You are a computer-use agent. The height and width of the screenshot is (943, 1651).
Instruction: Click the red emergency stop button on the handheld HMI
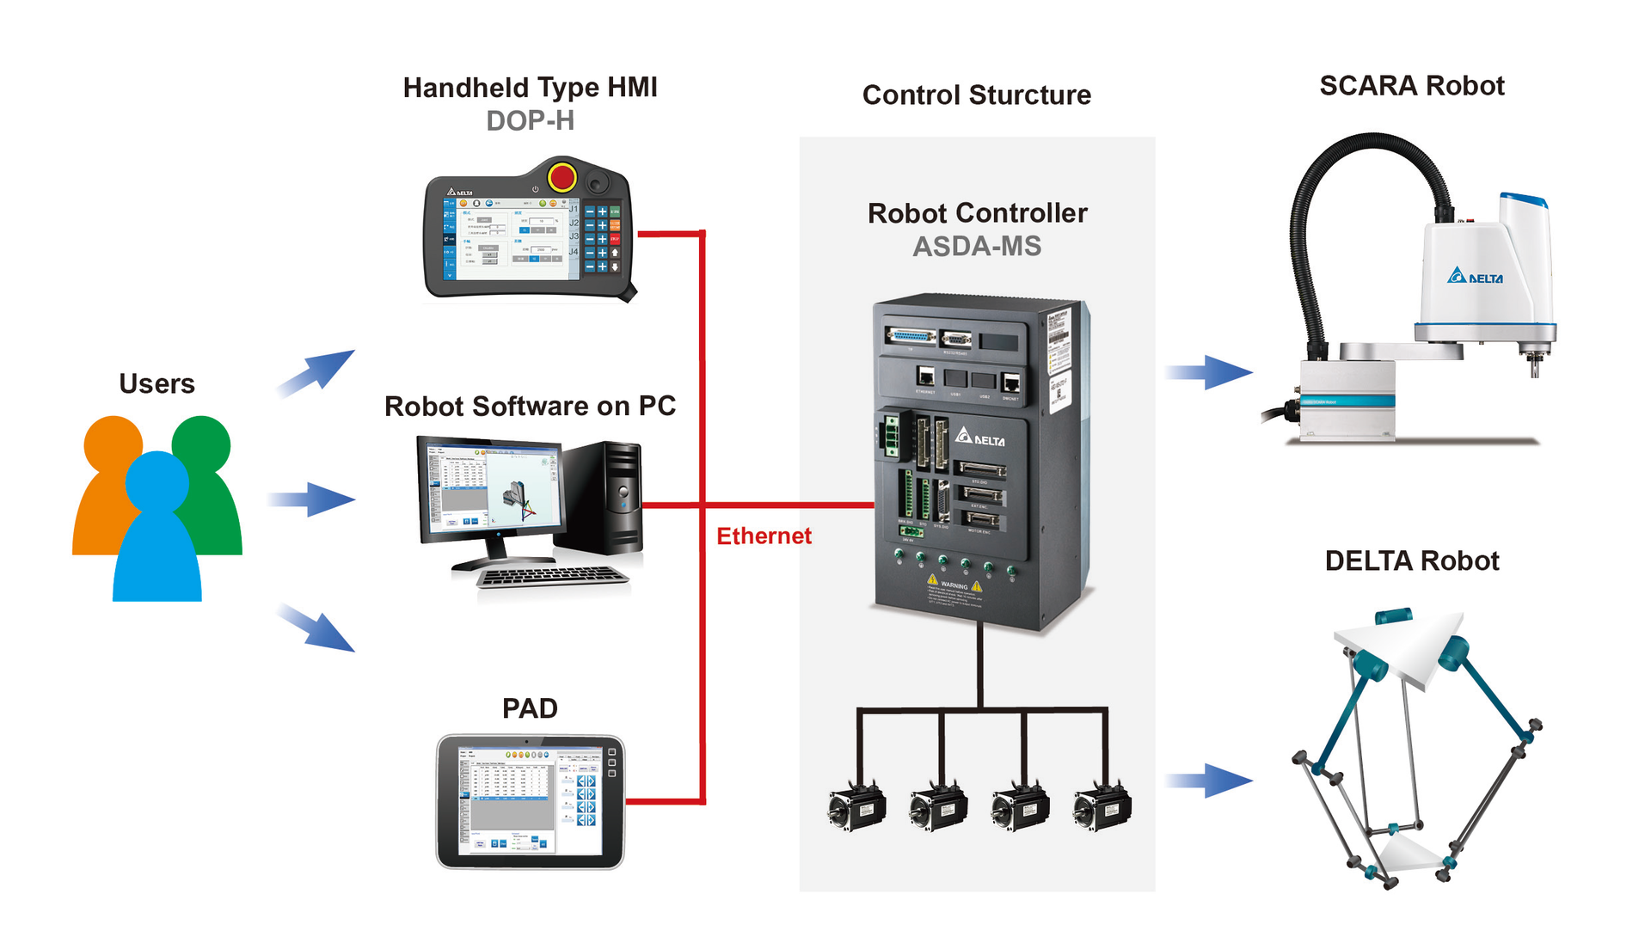562,177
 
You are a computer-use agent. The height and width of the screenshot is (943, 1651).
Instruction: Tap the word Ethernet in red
764,536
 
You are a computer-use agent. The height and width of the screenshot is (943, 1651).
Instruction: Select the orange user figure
105,481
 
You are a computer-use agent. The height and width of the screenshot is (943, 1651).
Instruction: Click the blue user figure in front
157,533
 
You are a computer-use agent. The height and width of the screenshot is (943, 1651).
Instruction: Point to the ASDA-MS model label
977,247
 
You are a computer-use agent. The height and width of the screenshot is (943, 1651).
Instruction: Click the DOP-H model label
530,121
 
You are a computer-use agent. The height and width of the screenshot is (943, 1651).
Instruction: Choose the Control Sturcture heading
977,95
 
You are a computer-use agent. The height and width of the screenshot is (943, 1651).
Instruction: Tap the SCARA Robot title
1412,86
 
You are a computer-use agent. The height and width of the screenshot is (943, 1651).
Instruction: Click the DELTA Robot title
1412,561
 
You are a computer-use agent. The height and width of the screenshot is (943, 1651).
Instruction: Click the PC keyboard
552,577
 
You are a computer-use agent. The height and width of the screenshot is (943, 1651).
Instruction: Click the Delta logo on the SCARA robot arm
1476,277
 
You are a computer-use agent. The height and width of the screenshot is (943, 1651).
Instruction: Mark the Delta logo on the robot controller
980,438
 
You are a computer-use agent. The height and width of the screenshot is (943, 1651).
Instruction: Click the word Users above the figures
157,383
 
